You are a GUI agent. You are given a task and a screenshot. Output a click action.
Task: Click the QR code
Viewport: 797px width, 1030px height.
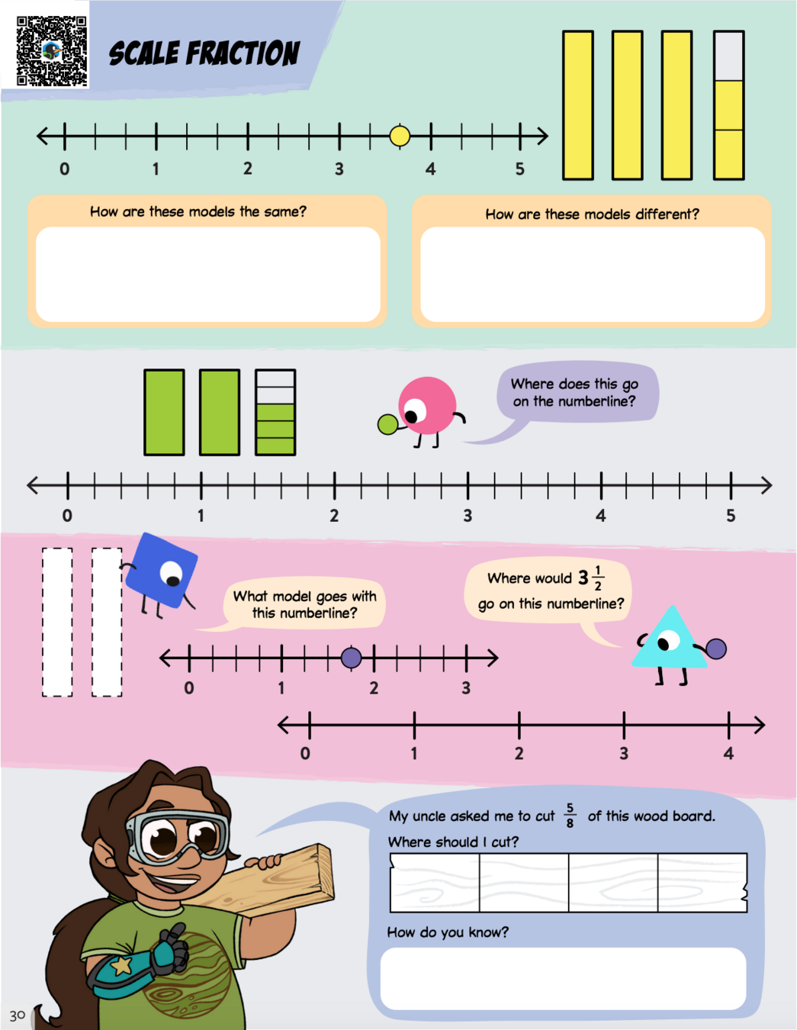coord(51,50)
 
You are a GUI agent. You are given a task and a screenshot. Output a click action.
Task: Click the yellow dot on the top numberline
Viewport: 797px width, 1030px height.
coord(400,137)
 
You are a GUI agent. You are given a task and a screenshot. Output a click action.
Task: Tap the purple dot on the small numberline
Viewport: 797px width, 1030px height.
coord(352,657)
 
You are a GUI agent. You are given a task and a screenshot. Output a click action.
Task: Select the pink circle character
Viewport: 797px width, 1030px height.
coord(427,406)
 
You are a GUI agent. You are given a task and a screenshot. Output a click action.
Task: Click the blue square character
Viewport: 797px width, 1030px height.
coord(162,571)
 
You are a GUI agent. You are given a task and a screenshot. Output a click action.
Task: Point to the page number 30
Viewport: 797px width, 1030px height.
coord(18,1016)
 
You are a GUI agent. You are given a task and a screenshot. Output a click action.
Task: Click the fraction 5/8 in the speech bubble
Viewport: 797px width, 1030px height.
coord(570,815)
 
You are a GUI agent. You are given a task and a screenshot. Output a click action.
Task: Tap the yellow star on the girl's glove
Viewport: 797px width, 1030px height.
coord(121,966)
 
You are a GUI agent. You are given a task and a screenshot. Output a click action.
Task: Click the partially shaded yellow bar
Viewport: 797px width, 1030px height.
coord(728,105)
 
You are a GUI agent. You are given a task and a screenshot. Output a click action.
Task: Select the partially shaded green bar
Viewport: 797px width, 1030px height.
coord(275,412)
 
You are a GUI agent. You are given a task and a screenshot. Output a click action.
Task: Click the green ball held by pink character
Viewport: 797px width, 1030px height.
coord(387,424)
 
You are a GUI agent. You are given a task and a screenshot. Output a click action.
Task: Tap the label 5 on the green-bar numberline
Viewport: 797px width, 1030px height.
coord(731,516)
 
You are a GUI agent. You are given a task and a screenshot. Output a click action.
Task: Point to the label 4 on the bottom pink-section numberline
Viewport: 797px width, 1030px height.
coord(728,754)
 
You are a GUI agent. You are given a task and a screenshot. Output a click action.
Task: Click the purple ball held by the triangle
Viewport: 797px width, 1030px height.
coord(716,649)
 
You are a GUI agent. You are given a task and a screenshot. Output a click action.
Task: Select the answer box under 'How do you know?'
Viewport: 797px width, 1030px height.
coord(563,979)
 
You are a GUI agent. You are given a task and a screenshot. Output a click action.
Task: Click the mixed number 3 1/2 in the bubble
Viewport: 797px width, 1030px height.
coord(590,578)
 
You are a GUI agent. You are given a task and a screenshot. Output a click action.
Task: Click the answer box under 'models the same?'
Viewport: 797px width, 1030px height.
coord(207,274)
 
